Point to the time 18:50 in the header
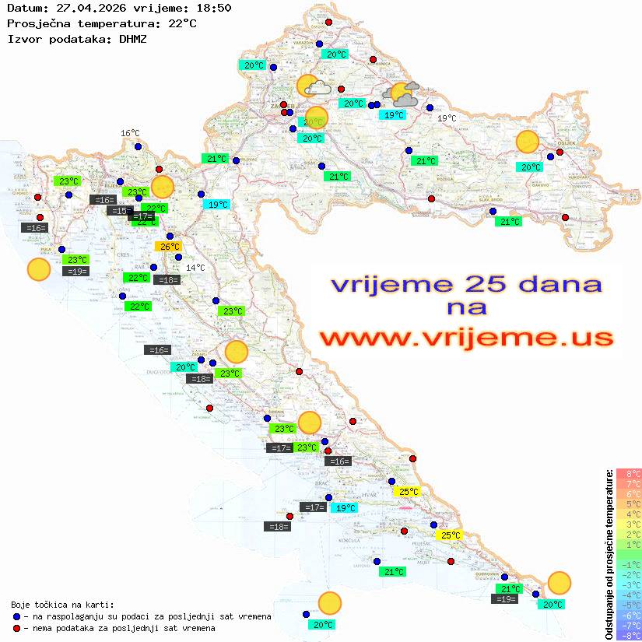[212, 8]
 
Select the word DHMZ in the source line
[132, 39]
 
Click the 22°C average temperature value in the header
[182, 23]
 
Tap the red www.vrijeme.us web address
[466, 337]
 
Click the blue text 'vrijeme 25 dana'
[466, 284]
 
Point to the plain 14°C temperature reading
[195, 268]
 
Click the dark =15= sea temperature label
[120, 211]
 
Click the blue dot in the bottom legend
[16, 616]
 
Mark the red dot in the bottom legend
[16, 628]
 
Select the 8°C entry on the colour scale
[629, 473]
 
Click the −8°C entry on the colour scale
[629, 635]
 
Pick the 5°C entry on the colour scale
[629, 503]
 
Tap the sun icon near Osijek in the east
[528, 142]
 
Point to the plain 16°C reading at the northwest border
[130, 134]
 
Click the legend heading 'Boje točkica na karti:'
[62, 605]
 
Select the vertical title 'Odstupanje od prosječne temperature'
[609, 554]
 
